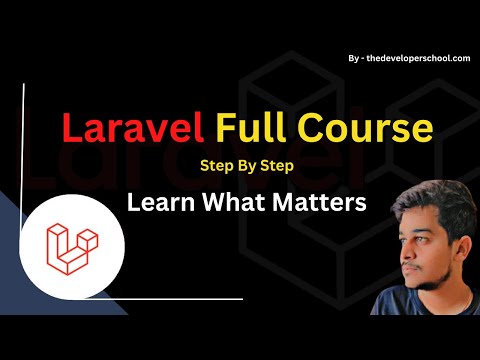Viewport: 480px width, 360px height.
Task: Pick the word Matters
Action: click(326, 201)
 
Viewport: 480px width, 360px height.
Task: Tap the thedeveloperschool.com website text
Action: click(417, 59)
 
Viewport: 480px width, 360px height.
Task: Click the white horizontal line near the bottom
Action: click(180, 297)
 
